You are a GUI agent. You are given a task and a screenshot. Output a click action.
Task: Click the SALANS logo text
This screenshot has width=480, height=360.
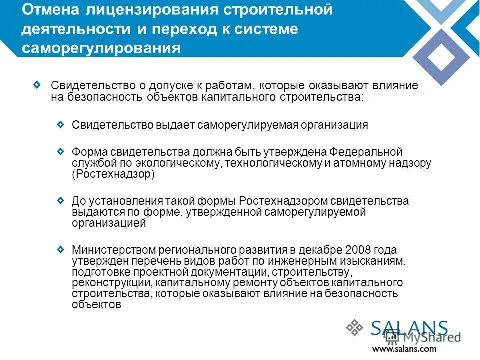(x=409, y=329)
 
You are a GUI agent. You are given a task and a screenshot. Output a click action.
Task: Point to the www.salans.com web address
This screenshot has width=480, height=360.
(x=404, y=349)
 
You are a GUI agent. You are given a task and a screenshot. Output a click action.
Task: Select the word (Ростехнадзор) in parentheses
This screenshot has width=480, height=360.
(x=114, y=174)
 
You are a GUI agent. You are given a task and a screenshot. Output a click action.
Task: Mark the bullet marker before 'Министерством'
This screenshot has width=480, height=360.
(x=60, y=248)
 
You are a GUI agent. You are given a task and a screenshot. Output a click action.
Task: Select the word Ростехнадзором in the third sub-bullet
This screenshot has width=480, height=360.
(x=283, y=201)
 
